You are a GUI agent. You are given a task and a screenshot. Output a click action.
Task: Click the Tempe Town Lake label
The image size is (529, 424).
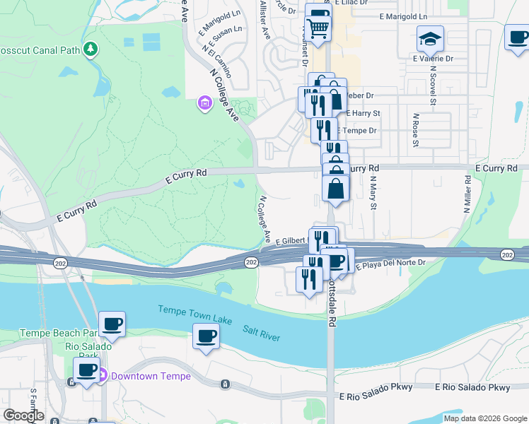194,311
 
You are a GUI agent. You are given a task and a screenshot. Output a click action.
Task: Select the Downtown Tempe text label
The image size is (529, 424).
151,376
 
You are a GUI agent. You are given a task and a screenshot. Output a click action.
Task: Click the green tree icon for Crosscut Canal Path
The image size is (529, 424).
90,49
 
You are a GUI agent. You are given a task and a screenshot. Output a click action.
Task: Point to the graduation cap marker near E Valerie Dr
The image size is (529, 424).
429,40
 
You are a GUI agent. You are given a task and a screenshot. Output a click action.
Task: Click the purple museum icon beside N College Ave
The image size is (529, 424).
204,104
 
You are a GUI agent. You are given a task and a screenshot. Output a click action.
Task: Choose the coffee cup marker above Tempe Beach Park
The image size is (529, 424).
112,325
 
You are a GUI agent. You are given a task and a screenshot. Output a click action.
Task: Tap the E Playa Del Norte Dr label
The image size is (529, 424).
390,264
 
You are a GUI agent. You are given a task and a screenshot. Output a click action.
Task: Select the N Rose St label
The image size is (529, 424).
415,129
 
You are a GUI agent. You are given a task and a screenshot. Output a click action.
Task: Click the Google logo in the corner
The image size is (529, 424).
23,416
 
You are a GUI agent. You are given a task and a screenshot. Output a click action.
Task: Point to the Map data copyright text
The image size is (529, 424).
485,418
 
